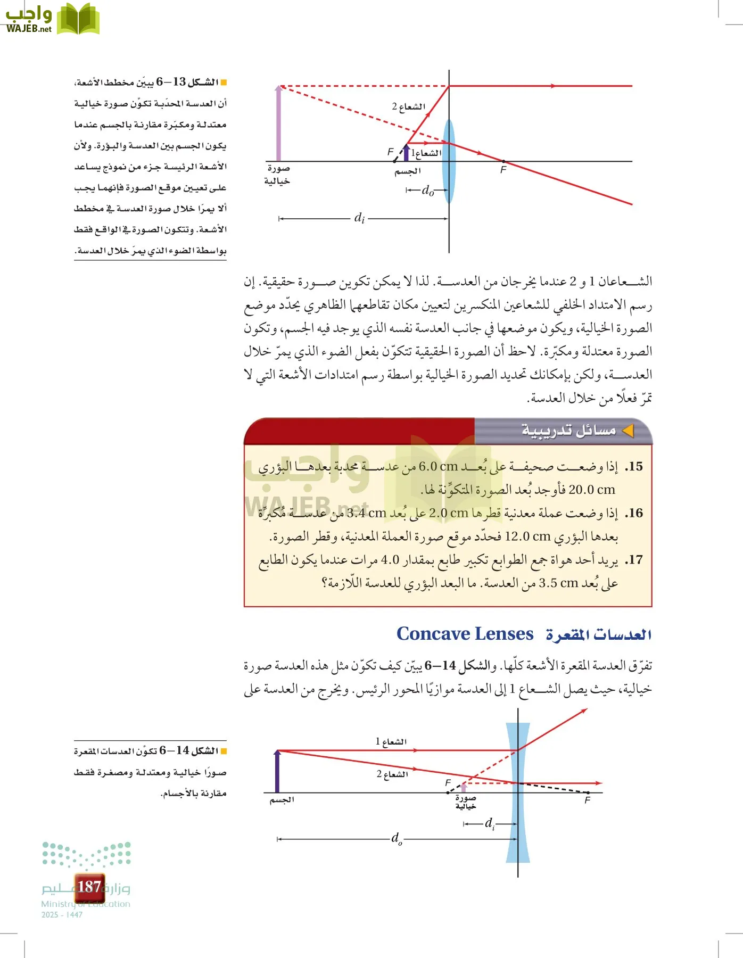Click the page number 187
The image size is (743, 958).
(89, 886)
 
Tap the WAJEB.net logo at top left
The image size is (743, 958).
(52, 20)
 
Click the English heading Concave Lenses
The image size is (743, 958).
(465, 634)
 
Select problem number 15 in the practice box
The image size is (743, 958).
(634, 467)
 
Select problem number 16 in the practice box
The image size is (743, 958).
(634, 513)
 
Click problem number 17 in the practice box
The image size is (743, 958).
(634, 560)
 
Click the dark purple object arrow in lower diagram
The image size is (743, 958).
(277, 772)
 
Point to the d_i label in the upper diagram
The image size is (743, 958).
(359, 218)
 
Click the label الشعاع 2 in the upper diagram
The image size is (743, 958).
(409, 106)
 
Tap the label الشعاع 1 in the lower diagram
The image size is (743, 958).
(391, 741)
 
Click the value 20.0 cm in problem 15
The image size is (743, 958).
(591, 490)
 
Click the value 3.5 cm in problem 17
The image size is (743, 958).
(558, 583)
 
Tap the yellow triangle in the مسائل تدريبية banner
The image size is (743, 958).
(629, 431)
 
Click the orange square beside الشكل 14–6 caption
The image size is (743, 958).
(224, 751)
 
